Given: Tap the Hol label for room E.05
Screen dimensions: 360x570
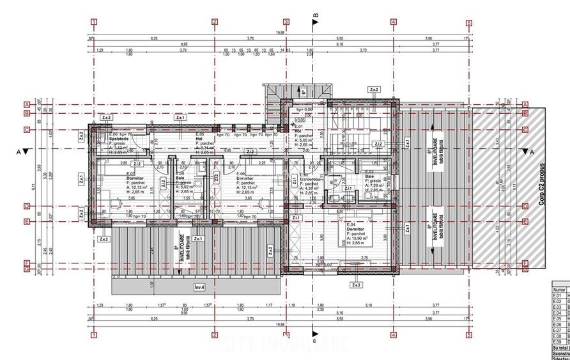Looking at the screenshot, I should click(200, 139).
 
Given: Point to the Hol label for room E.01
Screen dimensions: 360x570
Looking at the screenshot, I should click(298, 132).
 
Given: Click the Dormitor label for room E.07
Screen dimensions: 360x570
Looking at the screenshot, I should click(135, 178).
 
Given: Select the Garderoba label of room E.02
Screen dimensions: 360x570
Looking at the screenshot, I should click(311, 178).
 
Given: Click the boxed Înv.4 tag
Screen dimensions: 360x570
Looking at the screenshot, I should click(199, 288).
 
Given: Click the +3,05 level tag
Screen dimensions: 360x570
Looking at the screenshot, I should click(298, 119).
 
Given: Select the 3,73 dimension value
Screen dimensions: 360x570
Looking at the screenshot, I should click(363, 49).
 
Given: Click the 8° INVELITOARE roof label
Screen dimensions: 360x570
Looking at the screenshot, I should click(178, 251).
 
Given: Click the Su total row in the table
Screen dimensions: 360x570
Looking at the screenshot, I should click(560, 348).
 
